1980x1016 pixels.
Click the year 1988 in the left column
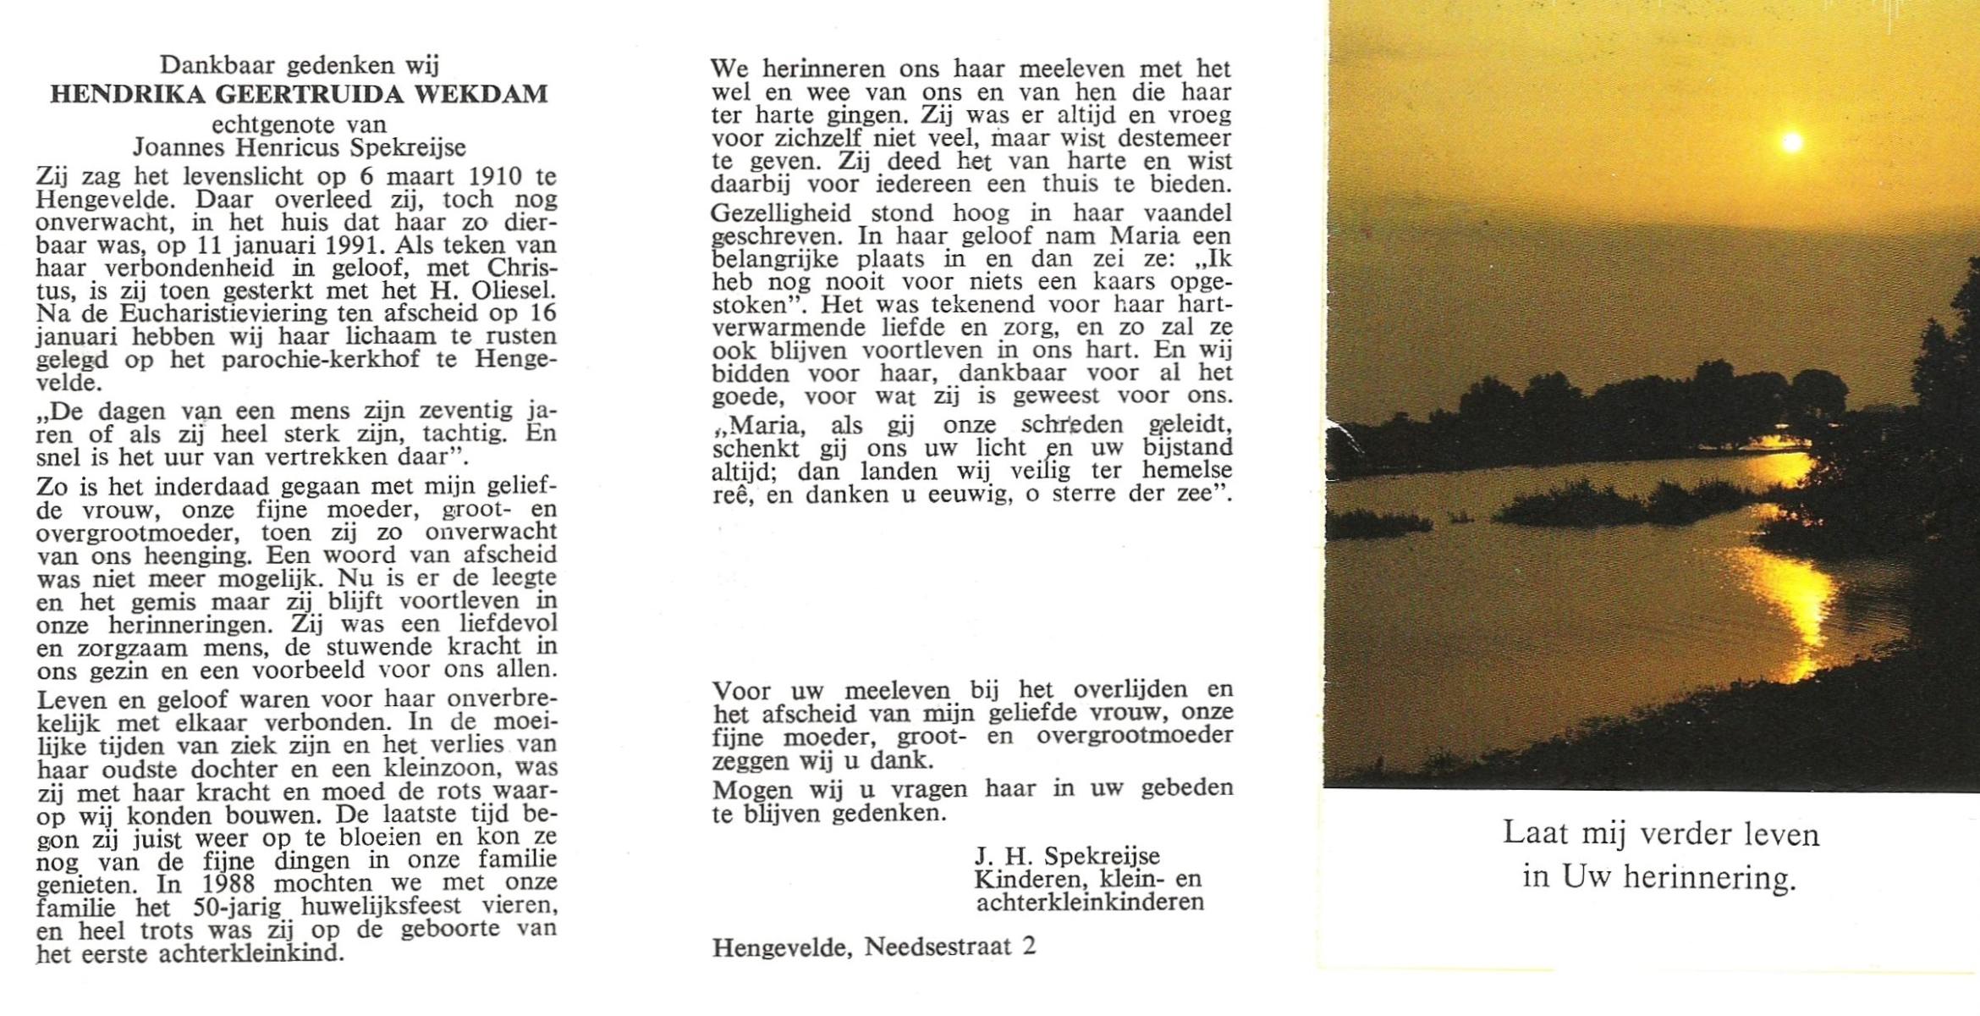coord(232,883)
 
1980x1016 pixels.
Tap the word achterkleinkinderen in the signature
coord(1090,902)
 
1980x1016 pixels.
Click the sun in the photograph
coord(1791,143)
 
